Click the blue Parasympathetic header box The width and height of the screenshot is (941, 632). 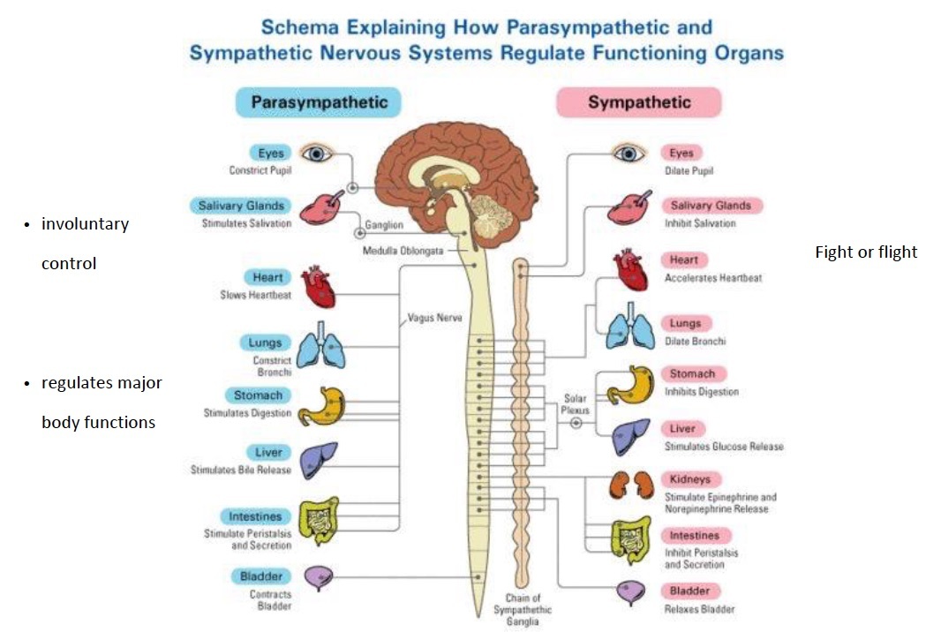tap(319, 102)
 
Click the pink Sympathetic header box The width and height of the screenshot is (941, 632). tap(638, 102)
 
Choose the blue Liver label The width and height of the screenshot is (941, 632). tap(267, 452)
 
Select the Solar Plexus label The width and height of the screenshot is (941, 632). tap(575, 404)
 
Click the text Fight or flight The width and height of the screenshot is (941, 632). tap(865, 252)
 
